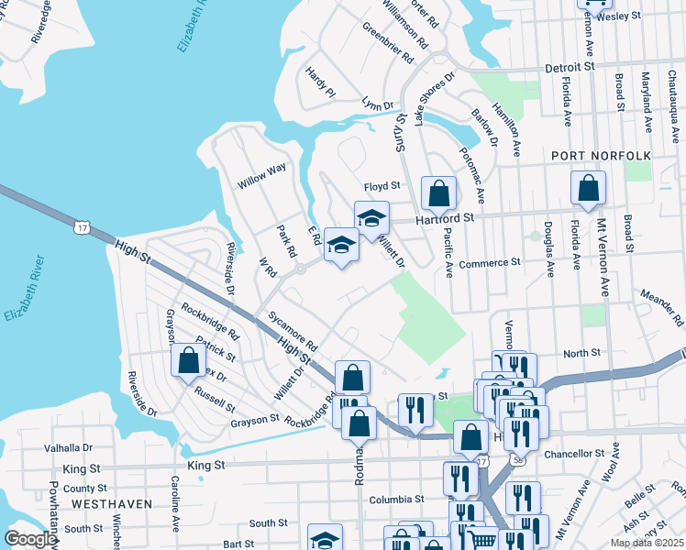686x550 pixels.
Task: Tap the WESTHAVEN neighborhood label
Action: [104, 504]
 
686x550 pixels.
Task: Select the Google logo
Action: [30, 539]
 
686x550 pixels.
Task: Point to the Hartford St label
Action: [445, 219]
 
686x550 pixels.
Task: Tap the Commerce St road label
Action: [490, 263]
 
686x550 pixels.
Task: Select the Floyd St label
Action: [382, 186]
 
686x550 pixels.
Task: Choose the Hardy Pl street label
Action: [321, 83]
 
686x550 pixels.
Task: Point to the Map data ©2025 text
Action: [646, 543]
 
